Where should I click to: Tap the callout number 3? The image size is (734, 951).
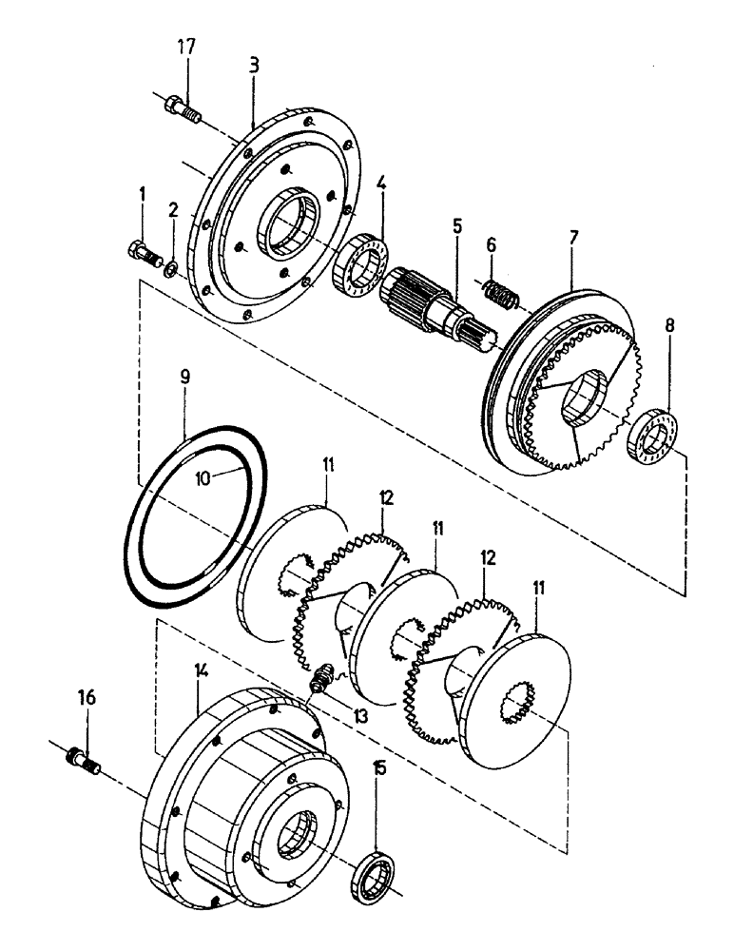[x=254, y=68]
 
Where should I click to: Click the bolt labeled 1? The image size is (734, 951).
[x=141, y=252]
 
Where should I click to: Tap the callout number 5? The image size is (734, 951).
[x=457, y=228]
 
